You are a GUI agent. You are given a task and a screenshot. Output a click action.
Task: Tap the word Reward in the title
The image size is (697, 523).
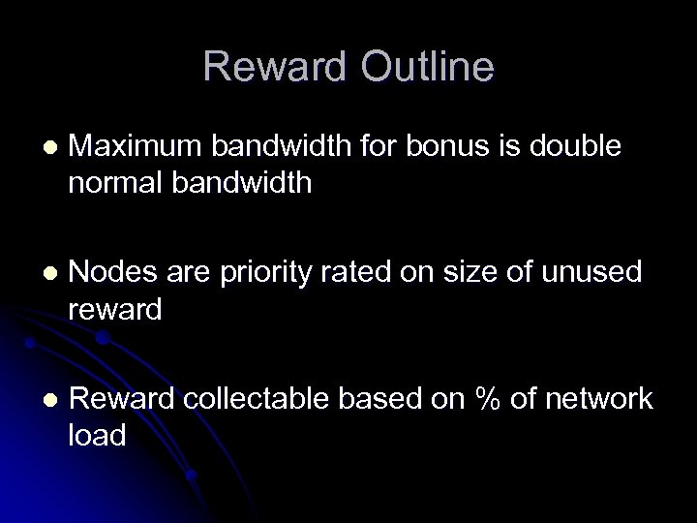[x=273, y=67]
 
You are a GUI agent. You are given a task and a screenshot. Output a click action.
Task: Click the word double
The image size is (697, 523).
[x=580, y=147]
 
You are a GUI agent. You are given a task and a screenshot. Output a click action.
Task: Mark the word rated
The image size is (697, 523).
[x=362, y=273]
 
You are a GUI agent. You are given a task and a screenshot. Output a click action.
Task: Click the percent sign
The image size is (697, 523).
[x=484, y=399]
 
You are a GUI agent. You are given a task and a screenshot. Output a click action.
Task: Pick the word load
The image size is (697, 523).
[x=97, y=436]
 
